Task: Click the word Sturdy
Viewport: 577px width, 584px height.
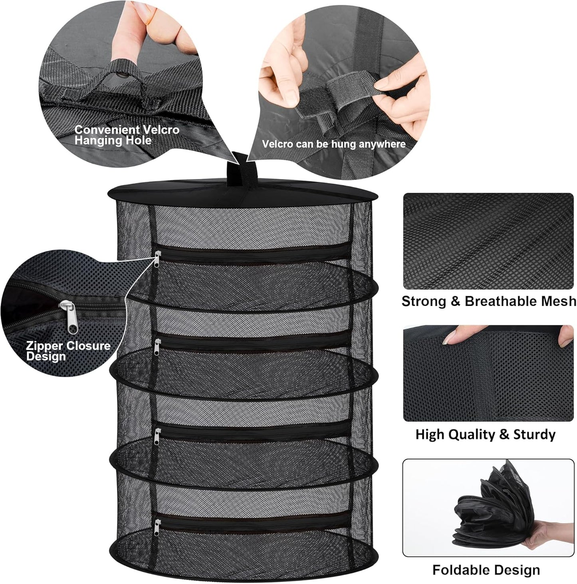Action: point(534,435)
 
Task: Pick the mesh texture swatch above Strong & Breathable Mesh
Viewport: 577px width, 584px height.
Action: point(488,241)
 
